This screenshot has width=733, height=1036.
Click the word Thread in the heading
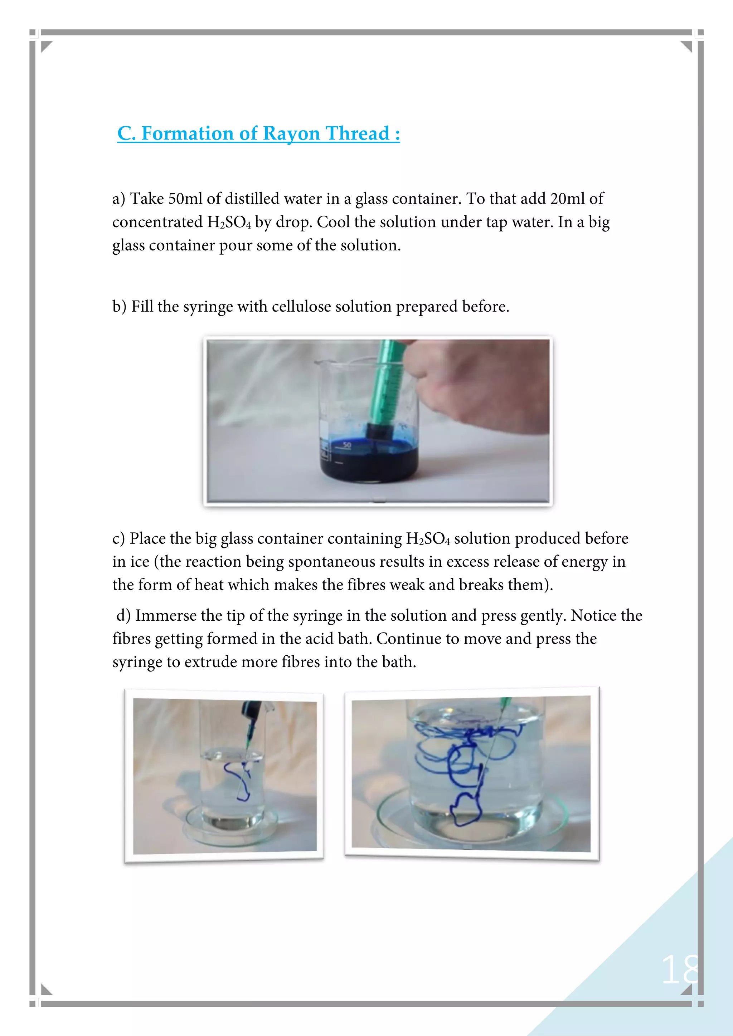coord(358,133)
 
